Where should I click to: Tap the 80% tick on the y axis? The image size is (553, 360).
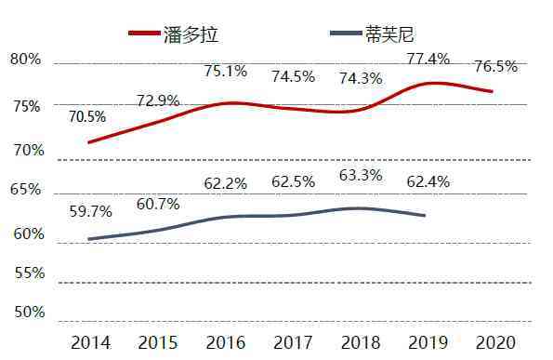pyautogui.click(x=26, y=60)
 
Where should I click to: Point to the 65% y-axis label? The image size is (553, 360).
pyautogui.click(x=26, y=190)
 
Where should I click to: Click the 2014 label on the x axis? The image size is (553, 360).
pyautogui.click(x=90, y=343)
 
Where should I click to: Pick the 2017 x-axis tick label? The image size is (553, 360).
pyautogui.click(x=293, y=343)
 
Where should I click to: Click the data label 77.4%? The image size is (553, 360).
pyautogui.click(x=428, y=59)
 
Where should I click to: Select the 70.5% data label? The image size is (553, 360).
pyautogui.click(x=87, y=117)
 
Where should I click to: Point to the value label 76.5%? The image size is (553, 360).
pyautogui.click(x=496, y=67)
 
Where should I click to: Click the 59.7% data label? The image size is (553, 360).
pyautogui.click(x=90, y=211)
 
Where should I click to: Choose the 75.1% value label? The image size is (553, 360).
pyautogui.click(x=226, y=71)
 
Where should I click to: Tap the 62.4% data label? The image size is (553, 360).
pyautogui.click(x=428, y=182)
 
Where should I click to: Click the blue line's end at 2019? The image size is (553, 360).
pyautogui.click(x=425, y=216)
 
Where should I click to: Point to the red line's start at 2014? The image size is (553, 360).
pyautogui.click(x=89, y=142)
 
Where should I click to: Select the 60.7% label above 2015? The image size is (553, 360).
pyautogui.click(x=158, y=204)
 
